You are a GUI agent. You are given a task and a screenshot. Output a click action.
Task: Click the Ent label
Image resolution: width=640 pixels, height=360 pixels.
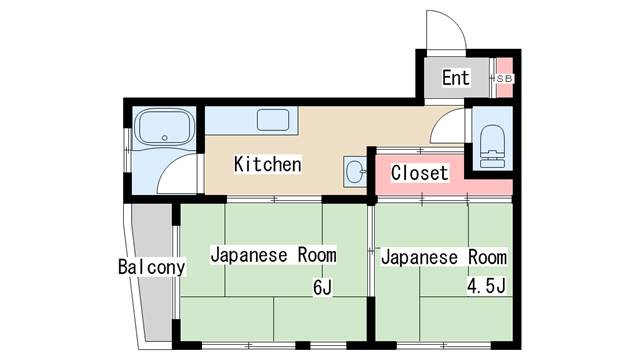(x=456, y=78)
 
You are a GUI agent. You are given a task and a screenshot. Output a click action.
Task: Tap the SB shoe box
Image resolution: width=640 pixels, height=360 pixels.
(x=504, y=77)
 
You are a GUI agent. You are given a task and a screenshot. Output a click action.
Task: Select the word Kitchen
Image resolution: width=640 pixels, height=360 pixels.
(x=267, y=164)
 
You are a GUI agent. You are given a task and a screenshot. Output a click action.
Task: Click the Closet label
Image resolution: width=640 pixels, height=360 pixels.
(x=419, y=172)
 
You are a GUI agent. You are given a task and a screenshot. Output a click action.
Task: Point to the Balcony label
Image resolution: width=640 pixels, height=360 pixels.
(x=151, y=268)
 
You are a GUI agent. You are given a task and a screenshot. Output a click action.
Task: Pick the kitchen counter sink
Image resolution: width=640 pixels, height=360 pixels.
(x=273, y=121)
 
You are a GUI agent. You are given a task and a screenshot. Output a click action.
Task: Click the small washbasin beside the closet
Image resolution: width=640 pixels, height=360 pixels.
(x=354, y=171)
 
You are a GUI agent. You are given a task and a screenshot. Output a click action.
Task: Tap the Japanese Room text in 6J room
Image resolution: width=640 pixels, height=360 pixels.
(x=272, y=254)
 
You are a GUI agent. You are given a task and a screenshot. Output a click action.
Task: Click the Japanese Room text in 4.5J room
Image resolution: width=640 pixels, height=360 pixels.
(x=443, y=257)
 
